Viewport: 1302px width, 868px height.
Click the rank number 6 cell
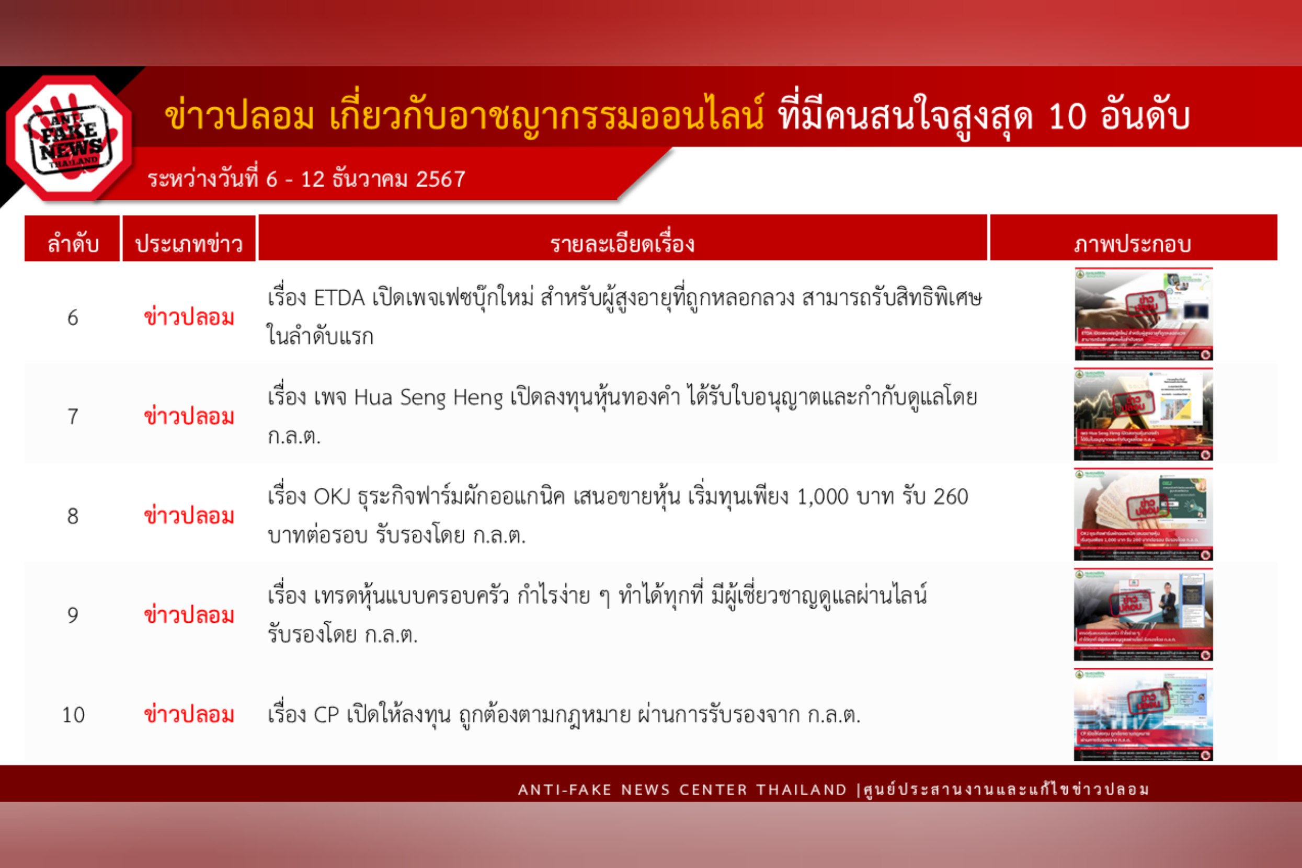(73, 318)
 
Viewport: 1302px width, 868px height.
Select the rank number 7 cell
(73, 417)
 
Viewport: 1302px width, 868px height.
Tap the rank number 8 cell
(73, 517)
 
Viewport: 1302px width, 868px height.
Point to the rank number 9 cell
(73, 615)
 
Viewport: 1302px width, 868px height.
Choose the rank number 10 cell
(73, 715)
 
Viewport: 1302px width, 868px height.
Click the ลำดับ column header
(73, 244)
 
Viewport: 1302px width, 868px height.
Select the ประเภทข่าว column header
(189, 244)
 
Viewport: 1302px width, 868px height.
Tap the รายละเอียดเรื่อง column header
(622, 244)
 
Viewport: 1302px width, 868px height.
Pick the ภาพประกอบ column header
(1133, 244)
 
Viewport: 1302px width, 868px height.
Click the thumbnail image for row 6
(1143, 314)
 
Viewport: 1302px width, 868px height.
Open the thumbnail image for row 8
(1143, 515)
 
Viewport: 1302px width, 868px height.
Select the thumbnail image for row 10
(1143, 714)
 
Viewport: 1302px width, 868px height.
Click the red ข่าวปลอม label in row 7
(189, 417)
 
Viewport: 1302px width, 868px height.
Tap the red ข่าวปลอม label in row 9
(189, 615)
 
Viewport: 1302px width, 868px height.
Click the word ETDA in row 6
(339, 299)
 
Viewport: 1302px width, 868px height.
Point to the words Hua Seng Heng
(428, 397)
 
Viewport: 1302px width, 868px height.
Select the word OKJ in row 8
(332, 497)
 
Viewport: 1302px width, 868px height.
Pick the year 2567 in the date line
(440, 179)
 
